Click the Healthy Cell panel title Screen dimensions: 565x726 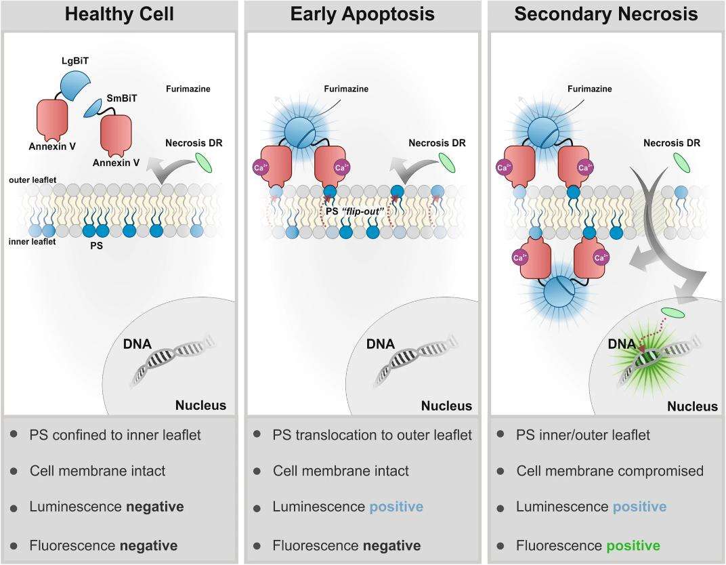120,14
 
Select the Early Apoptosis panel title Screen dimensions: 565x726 362,14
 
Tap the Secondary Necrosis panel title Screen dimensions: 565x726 605,14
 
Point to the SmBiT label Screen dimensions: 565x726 123,98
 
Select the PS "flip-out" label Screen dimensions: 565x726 353,212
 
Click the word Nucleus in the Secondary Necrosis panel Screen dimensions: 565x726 692,406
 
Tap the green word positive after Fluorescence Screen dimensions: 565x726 633,545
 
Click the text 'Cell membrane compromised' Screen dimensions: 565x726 610,470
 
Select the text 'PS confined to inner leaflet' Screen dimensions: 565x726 115,435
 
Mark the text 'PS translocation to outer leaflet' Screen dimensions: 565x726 372,435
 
